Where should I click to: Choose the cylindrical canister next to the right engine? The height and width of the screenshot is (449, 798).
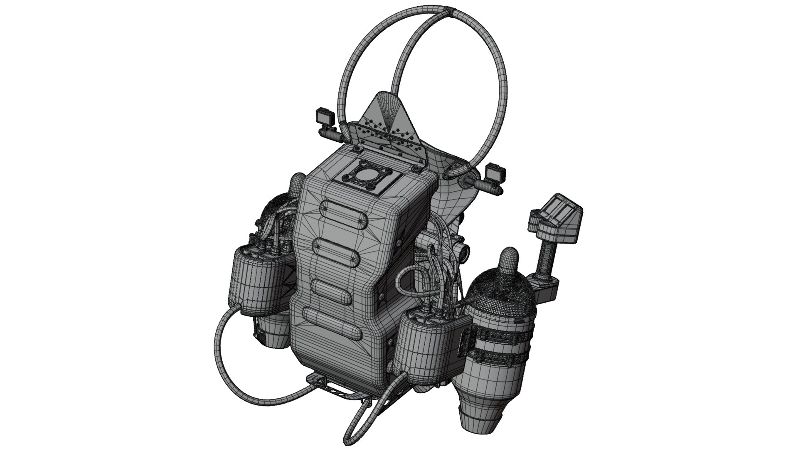[428, 345]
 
